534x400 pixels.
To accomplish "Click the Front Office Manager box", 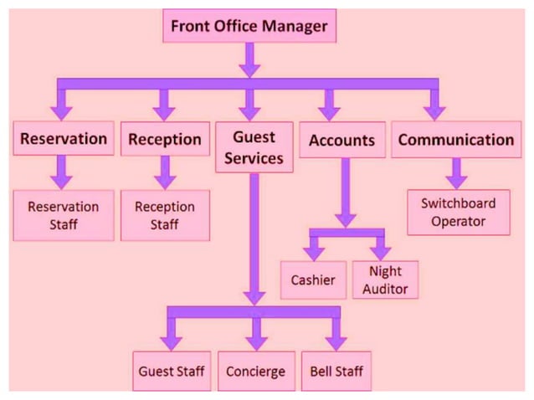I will tap(249, 26).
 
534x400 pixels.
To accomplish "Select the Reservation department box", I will tap(64, 139).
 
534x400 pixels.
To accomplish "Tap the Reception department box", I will tap(165, 140).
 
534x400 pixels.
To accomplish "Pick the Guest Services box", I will tap(254, 146).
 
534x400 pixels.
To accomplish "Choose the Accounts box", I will tap(341, 140).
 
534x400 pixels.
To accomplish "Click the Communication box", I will tap(455, 140).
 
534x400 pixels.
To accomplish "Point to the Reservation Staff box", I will tap(64, 214).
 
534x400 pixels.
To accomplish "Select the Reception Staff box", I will tap(165, 214).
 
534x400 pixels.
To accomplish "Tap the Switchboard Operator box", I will tap(458, 213).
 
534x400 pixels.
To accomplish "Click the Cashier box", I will tap(312, 280).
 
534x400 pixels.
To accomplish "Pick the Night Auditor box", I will tap(385, 279).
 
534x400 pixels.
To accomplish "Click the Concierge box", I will tap(255, 371).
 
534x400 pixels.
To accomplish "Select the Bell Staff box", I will tap(336, 371).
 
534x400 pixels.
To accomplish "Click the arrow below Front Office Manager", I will tap(249, 60).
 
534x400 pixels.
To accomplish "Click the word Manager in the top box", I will tap(294, 26).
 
